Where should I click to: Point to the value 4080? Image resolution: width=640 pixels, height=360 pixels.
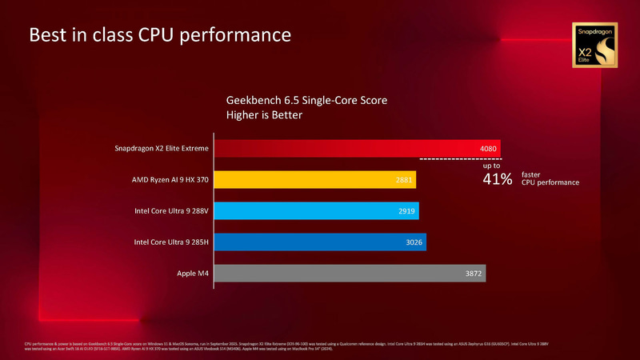click(489, 149)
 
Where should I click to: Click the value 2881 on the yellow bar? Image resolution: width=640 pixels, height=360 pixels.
click(404, 180)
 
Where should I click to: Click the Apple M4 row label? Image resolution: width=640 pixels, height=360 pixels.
click(193, 274)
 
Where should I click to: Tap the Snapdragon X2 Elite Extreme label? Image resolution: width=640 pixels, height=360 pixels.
click(162, 149)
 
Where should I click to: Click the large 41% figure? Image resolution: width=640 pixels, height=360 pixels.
click(497, 179)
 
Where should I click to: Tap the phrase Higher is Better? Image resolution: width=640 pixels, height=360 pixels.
click(265, 116)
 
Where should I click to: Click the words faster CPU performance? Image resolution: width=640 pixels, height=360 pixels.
click(549, 178)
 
